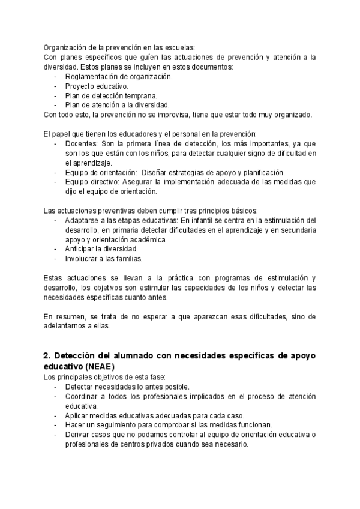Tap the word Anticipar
(81, 249)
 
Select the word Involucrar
(83, 259)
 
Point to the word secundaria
(295, 230)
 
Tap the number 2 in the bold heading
(46, 355)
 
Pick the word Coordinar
(83, 397)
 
